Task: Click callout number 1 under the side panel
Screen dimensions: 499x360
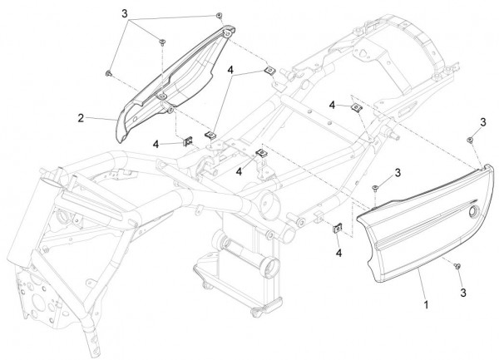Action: (x=426, y=305)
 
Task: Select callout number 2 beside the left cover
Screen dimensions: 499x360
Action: (x=82, y=118)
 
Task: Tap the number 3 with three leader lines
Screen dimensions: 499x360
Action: (x=125, y=13)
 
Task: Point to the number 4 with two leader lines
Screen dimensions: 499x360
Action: (x=230, y=70)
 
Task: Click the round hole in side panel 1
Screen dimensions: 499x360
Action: (x=474, y=211)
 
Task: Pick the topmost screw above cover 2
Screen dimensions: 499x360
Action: (x=219, y=16)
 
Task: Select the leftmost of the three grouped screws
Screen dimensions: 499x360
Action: (x=108, y=73)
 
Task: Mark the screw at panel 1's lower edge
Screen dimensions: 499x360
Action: (x=457, y=265)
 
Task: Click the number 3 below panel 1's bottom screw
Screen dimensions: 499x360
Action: (x=463, y=293)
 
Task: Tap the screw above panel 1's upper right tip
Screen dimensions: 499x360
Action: (x=469, y=140)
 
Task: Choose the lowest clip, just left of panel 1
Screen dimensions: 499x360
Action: (x=337, y=228)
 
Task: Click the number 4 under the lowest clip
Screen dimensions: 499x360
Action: (x=339, y=253)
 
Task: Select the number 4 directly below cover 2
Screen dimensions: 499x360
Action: (x=156, y=144)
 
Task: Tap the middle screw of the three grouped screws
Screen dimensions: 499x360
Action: (x=162, y=42)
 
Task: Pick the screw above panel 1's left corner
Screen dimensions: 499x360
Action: (x=375, y=188)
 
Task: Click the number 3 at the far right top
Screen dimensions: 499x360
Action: (x=483, y=122)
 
